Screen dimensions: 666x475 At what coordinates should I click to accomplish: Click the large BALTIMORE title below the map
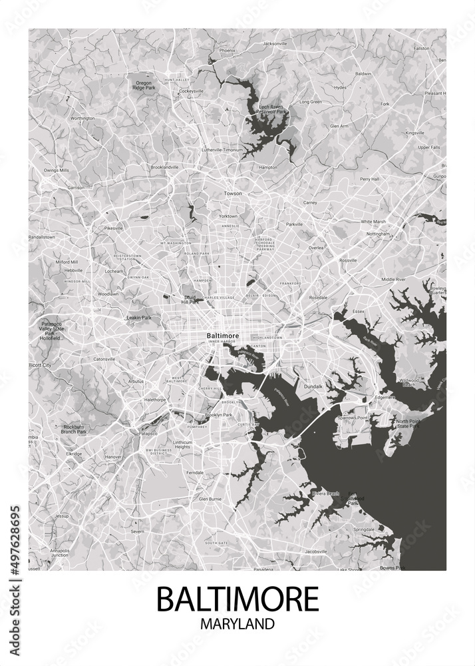(237, 599)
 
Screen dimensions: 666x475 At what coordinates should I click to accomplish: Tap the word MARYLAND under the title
(237, 625)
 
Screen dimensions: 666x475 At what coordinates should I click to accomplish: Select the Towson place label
(233, 193)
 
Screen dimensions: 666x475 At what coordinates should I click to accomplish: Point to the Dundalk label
(313, 386)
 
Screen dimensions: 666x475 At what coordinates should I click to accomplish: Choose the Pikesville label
(114, 228)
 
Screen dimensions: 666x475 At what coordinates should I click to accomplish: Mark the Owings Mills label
(56, 170)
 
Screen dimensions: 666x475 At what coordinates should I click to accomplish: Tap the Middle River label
(393, 279)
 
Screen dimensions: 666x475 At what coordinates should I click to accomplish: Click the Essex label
(359, 311)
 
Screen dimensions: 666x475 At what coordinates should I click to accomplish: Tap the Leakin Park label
(139, 318)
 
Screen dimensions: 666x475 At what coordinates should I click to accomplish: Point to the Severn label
(137, 531)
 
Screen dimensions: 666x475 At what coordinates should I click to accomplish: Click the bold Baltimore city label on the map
(220, 335)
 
